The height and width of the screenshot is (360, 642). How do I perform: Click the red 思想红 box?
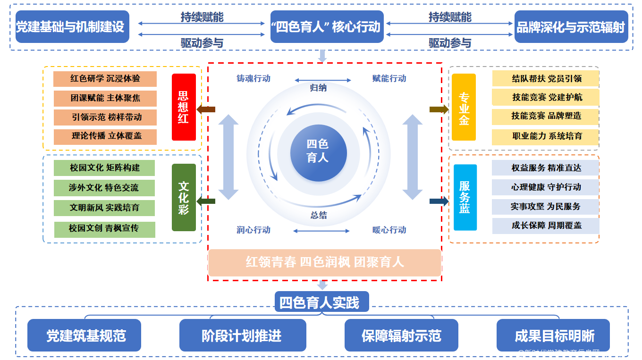184,107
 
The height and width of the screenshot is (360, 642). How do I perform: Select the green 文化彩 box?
184,197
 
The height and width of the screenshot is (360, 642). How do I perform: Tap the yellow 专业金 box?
464,107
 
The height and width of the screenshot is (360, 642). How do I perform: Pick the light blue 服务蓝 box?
465,197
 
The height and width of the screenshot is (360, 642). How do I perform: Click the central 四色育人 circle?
318,151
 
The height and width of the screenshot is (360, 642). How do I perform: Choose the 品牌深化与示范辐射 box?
571,27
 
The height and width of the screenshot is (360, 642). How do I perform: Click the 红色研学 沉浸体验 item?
105,78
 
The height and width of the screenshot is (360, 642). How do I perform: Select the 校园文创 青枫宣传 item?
104,229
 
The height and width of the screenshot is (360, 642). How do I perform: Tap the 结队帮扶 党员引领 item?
545,79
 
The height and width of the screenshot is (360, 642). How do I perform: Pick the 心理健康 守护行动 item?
545,187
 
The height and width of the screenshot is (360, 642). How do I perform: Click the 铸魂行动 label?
253,79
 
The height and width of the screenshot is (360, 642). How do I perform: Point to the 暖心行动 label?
389,230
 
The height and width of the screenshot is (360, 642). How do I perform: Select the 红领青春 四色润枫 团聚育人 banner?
324,262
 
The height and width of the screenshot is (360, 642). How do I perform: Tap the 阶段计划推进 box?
242,335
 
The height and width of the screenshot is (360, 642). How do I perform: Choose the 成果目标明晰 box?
553,335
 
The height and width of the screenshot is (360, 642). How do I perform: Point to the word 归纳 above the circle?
318,88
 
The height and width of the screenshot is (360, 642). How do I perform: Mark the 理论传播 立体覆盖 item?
105,136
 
